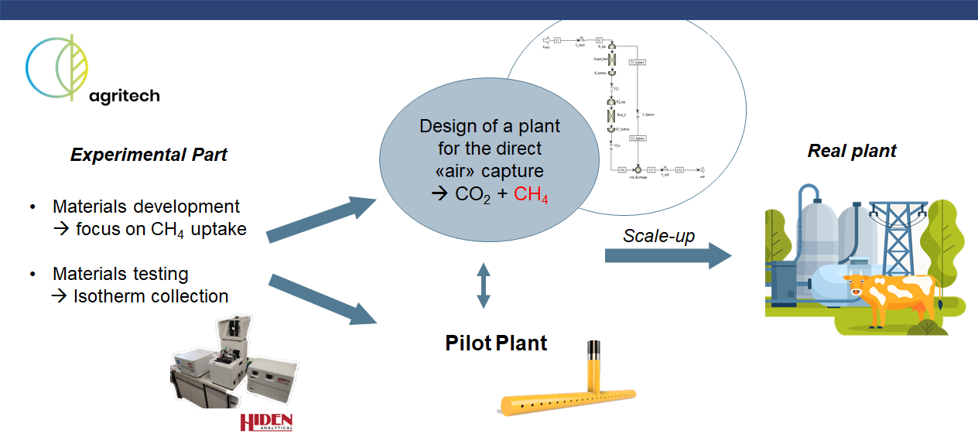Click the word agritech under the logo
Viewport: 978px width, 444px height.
click(124, 96)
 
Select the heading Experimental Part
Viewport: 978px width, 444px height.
click(149, 155)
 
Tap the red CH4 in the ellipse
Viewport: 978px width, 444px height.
click(531, 194)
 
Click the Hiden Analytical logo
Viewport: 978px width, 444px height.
click(266, 422)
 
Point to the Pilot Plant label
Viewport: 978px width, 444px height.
click(496, 343)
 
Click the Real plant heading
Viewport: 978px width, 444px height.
click(852, 151)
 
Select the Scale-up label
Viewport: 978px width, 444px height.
click(658, 235)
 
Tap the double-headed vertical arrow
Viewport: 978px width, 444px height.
click(483, 285)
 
